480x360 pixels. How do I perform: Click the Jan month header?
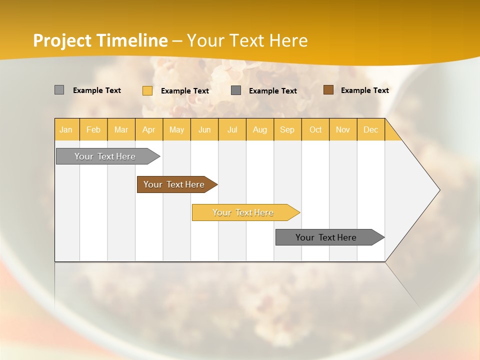pos(66,129)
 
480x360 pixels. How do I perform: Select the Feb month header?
pos(93,129)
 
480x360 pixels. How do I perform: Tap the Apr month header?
pos(149,129)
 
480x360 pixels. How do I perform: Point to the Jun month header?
pos(204,129)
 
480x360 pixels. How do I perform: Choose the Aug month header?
pos(260,129)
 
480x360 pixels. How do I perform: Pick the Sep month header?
pos(287,129)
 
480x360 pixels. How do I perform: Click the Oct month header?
pos(315,129)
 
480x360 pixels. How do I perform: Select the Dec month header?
pos(371,129)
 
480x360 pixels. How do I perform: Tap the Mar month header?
pos(121,129)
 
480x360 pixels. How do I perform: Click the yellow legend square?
pos(147,90)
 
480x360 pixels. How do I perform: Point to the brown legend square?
pos(328,90)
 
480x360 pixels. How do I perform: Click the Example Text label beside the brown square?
pos(365,90)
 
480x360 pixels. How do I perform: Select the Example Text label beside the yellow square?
pos(185,91)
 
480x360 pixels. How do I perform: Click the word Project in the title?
pos(62,40)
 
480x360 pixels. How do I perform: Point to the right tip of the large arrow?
pos(439,190)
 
